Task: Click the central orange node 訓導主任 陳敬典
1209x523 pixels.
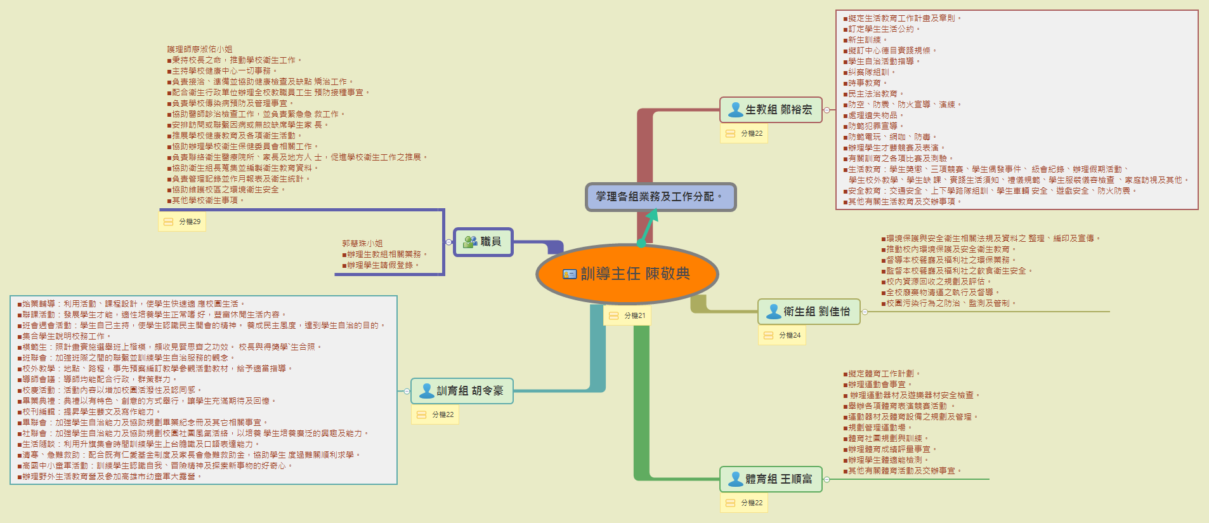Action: pos(627,274)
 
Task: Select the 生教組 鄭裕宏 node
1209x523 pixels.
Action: pos(771,110)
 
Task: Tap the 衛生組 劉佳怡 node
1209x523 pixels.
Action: pos(809,312)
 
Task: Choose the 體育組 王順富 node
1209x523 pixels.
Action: pos(771,479)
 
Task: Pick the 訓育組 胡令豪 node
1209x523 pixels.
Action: pos(462,391)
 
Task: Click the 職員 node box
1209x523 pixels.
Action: pos(483,242)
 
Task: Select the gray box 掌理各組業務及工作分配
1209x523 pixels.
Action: pos(660,197)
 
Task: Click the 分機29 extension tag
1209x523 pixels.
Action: pos(182,222)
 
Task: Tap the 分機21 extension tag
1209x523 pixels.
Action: pos(627,315)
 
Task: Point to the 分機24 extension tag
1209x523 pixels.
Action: pos(782,335)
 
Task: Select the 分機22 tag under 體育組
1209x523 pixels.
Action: pos(745,503)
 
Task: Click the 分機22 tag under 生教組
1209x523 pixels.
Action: pos(745,133)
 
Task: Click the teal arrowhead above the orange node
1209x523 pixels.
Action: pos(653,216)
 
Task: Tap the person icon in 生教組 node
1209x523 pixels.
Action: pos(735,110)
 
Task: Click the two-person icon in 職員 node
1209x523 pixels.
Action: pos(470,242)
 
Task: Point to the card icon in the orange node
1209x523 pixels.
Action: pos(570,274)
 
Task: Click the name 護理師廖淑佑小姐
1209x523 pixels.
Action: pos(200,49)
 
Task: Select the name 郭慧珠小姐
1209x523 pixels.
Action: pos(362,243)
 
